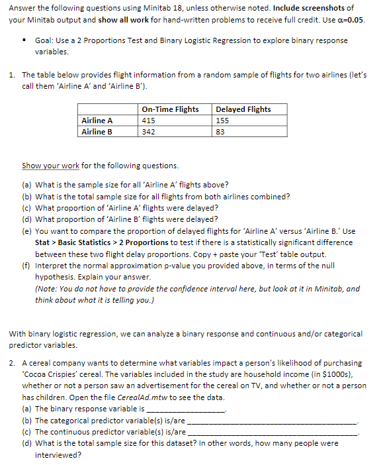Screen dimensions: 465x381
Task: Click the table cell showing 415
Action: (149, 121)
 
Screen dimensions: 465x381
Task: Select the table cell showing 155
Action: (223, 121)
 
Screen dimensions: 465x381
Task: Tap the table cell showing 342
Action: (149, 132)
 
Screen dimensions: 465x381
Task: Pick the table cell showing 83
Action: (220, 132)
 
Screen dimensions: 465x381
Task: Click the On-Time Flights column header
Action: (170, 109)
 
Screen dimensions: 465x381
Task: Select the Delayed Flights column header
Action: (243, 109)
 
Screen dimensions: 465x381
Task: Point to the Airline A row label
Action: (97, 121)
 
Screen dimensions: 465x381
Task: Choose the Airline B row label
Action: (97, 132)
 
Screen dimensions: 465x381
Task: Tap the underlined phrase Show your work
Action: (48, 165)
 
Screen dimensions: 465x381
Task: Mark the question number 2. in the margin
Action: (13, 363)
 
